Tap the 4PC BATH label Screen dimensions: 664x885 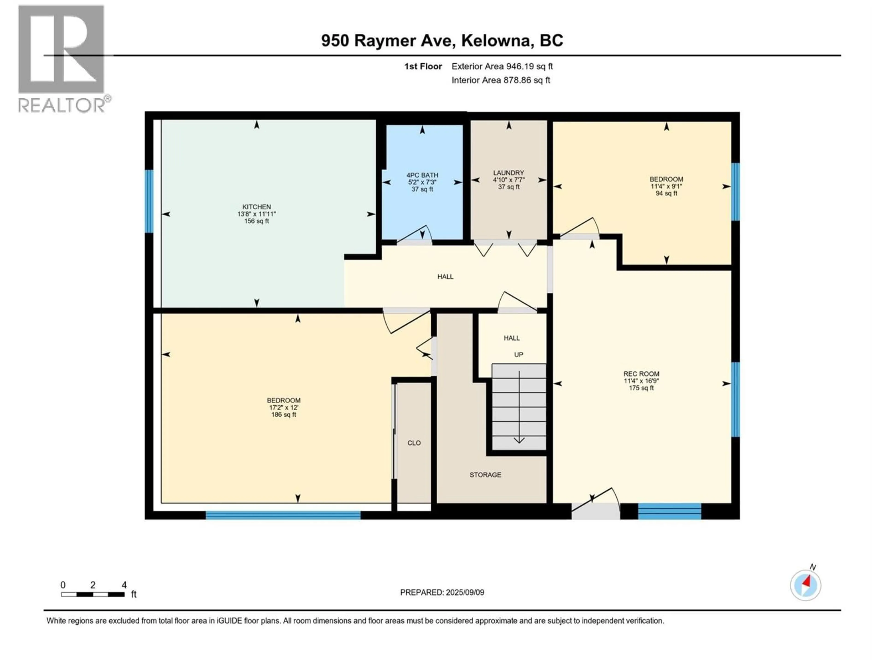click(x=422, y=175)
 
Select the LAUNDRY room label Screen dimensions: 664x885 click(x=508, y=173)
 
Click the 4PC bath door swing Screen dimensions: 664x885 click(x=416, y=235)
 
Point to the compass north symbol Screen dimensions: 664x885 click(x=805, y=585)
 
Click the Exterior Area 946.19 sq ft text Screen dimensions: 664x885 click(x=502, y=66)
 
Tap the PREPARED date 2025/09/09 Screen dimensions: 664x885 click(x=442, y=592)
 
